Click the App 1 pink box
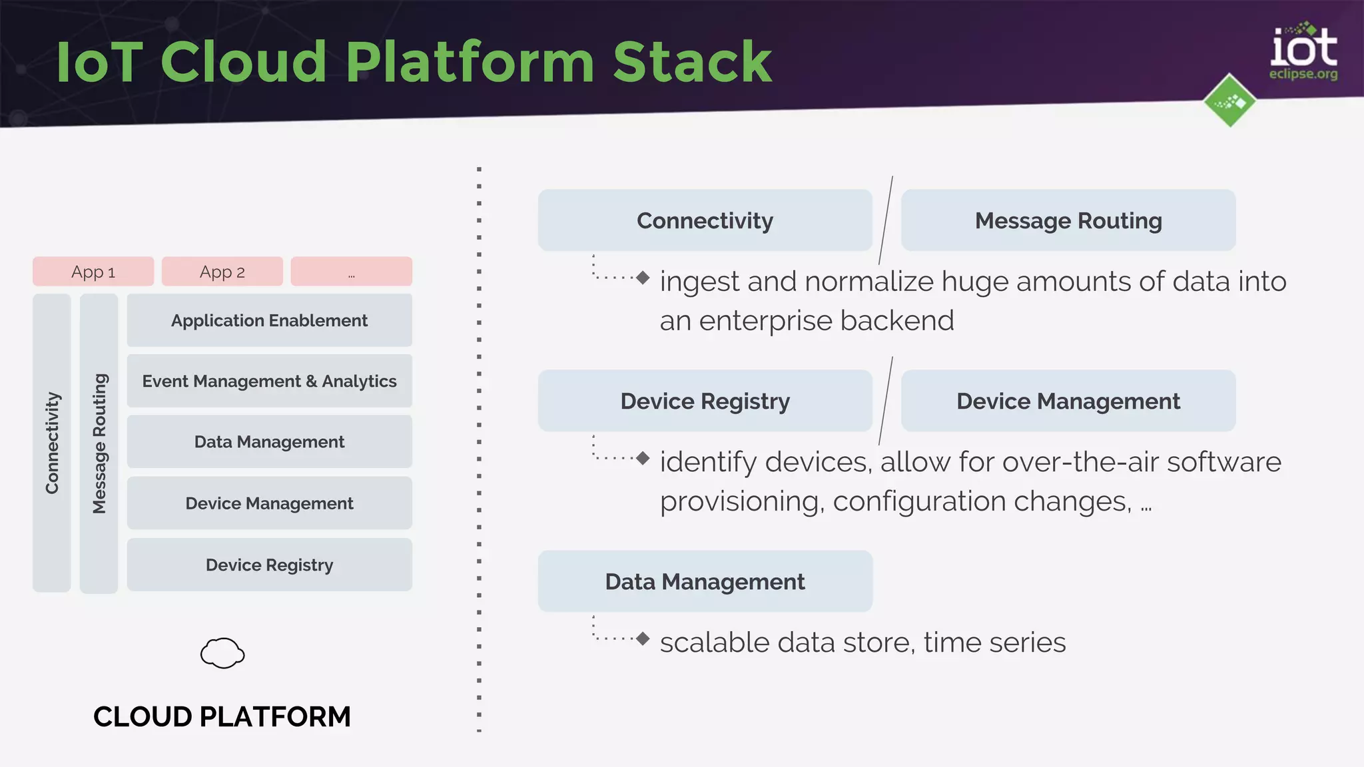click(93, 272)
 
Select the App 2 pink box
click(222, 272)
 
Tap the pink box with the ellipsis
click(351, 272)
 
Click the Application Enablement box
click(269, 320)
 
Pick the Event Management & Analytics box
click(269, 381)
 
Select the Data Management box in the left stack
click(269, 441)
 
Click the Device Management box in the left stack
click(269, 503)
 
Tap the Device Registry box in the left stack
click(269, 565)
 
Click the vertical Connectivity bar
click(52, 443)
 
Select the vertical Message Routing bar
click(99, 443)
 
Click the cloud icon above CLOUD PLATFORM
click(222, 653)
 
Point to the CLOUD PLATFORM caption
click(222, 716)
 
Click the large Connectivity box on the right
click(705, 220)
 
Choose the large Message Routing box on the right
click(1068, 220)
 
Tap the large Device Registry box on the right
click(705, 401)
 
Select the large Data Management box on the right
click(705, 581)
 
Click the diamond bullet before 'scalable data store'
click(643, 639)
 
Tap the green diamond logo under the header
click(1229, 101)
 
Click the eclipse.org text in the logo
click(1303, 74)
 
